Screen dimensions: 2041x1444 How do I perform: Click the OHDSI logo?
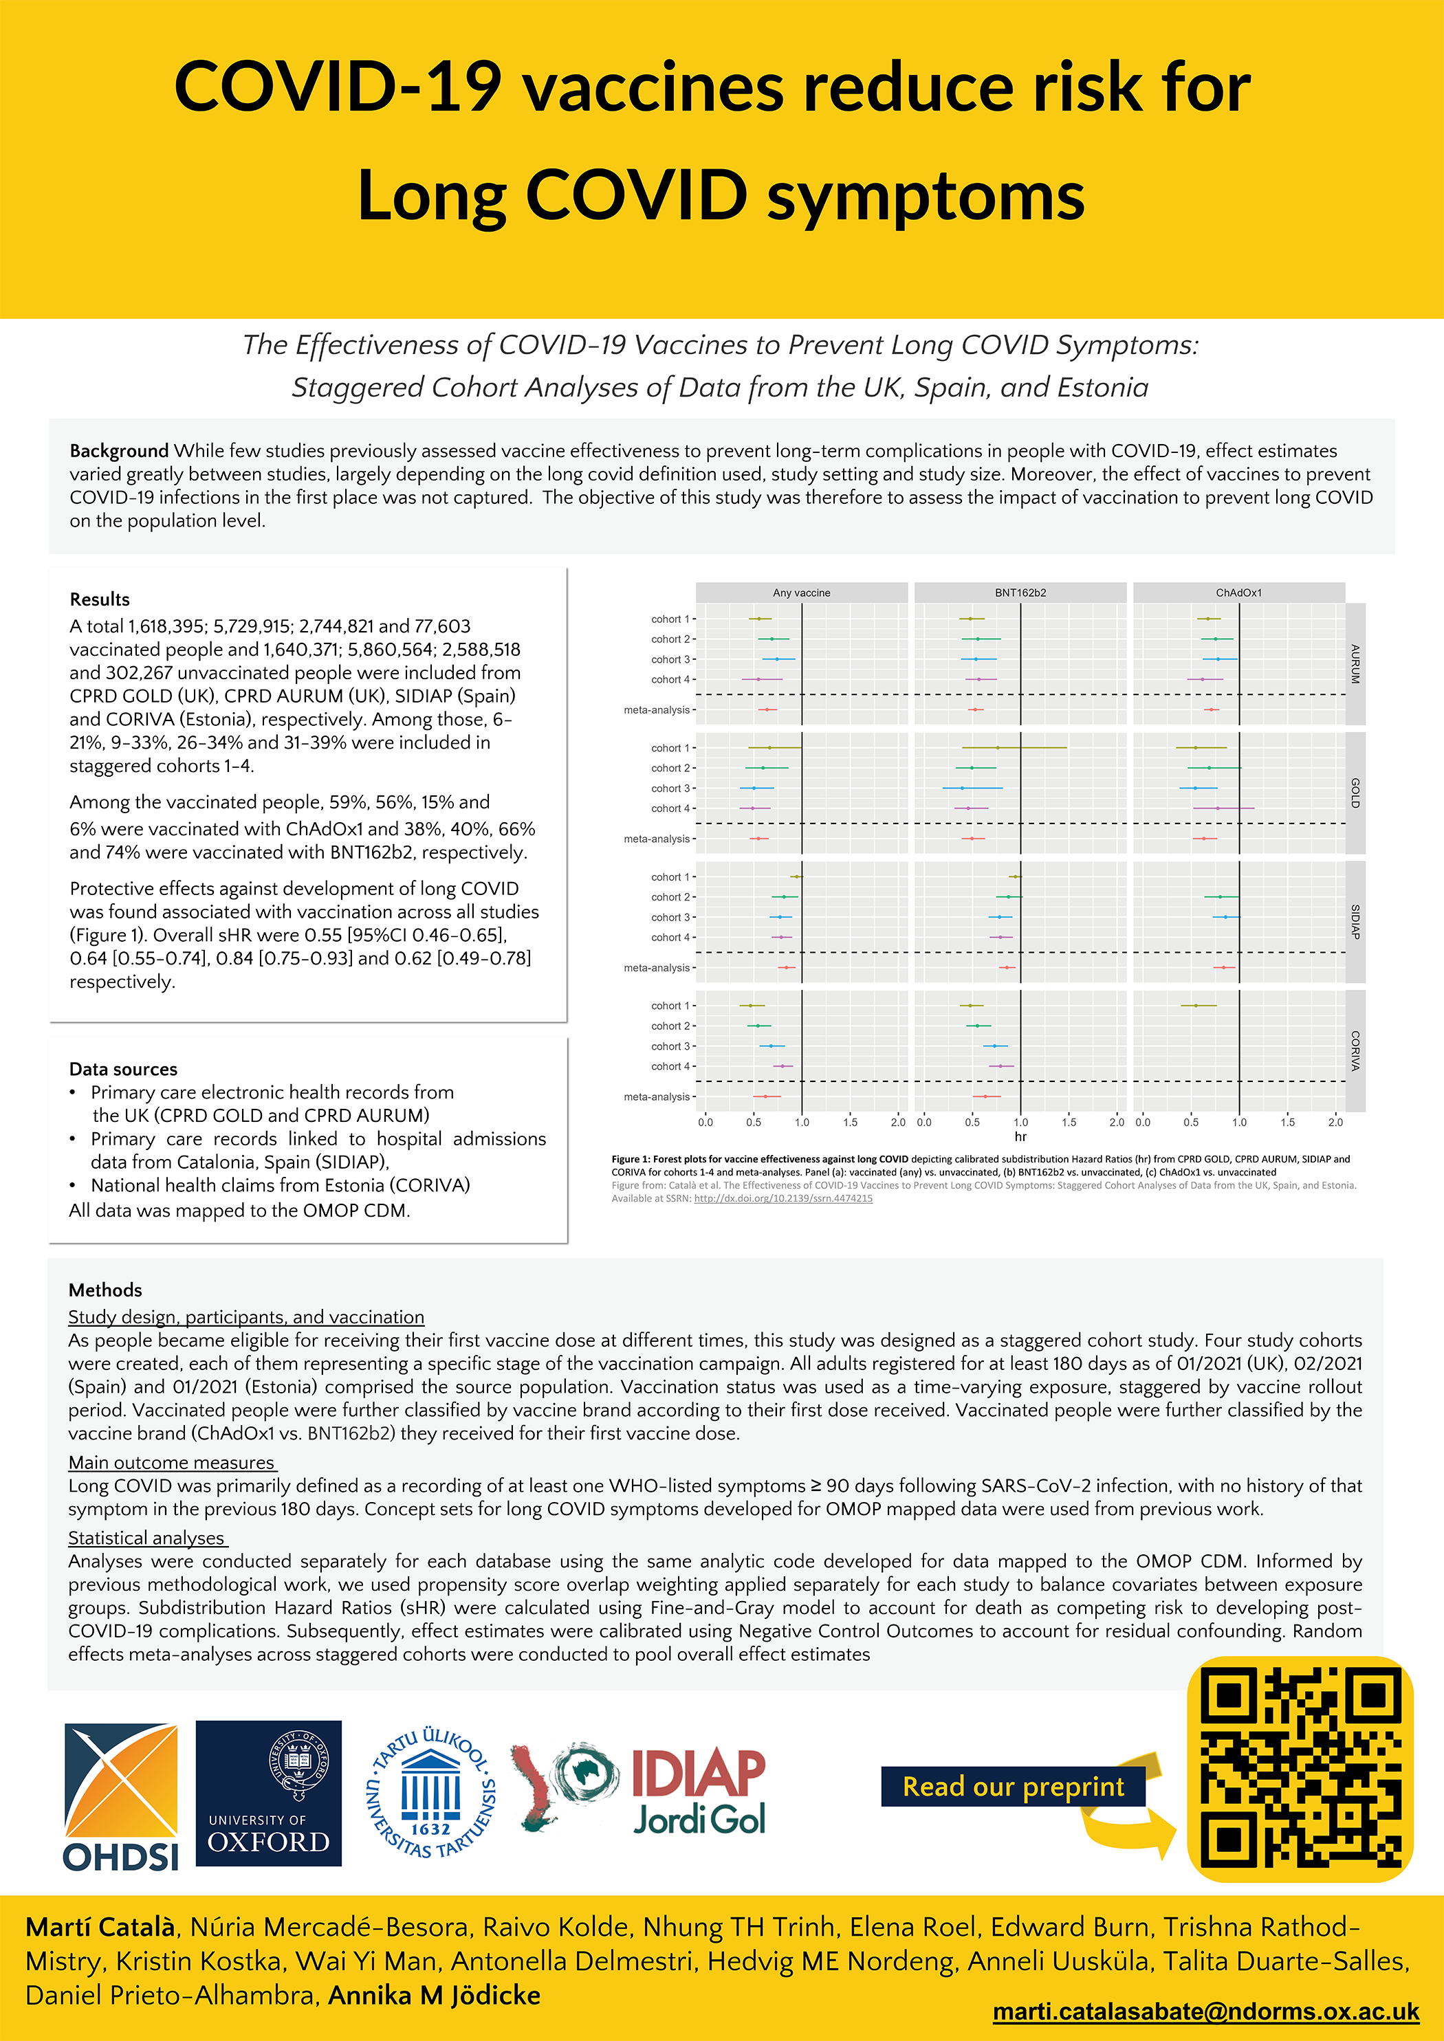tap(121, 1796)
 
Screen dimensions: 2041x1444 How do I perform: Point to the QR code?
tap(1300, 1769)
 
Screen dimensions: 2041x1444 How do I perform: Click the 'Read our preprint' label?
tap(1013, 1786)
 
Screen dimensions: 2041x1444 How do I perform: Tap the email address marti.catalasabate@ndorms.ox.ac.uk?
tap(1205, 2011)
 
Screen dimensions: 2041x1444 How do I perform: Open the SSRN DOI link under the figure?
tap(783, 1198)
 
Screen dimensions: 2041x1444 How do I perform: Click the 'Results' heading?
tap(100, 599)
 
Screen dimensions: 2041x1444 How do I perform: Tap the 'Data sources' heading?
tap(124, 1070)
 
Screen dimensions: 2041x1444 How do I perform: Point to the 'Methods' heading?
tap(105, 1290)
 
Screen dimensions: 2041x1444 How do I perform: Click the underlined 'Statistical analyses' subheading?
tap(146, 1538)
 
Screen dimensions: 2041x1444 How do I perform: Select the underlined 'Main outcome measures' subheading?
tap(172, 1462)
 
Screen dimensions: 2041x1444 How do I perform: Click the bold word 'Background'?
tap(119, 451)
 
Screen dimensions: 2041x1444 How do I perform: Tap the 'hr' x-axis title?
tap(1020, 1137)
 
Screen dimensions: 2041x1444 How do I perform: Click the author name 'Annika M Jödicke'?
tap(434, 1996)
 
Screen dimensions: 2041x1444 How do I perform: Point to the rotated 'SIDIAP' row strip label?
tap(1355, 922)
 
